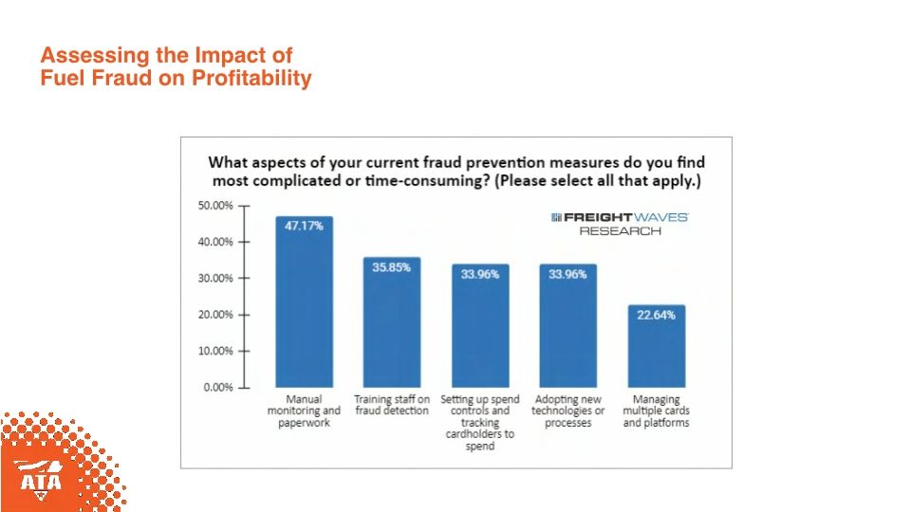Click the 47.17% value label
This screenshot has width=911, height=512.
coord(305,226)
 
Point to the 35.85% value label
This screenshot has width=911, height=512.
coord(391,267)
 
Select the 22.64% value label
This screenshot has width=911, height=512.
coord(656,315)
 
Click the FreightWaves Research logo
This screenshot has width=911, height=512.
coord(620,224)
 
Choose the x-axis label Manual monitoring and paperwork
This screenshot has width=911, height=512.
coord(304,411)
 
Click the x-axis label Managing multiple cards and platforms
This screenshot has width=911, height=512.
coord(656,411)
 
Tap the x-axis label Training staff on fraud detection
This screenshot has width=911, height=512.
coord(392,405)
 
